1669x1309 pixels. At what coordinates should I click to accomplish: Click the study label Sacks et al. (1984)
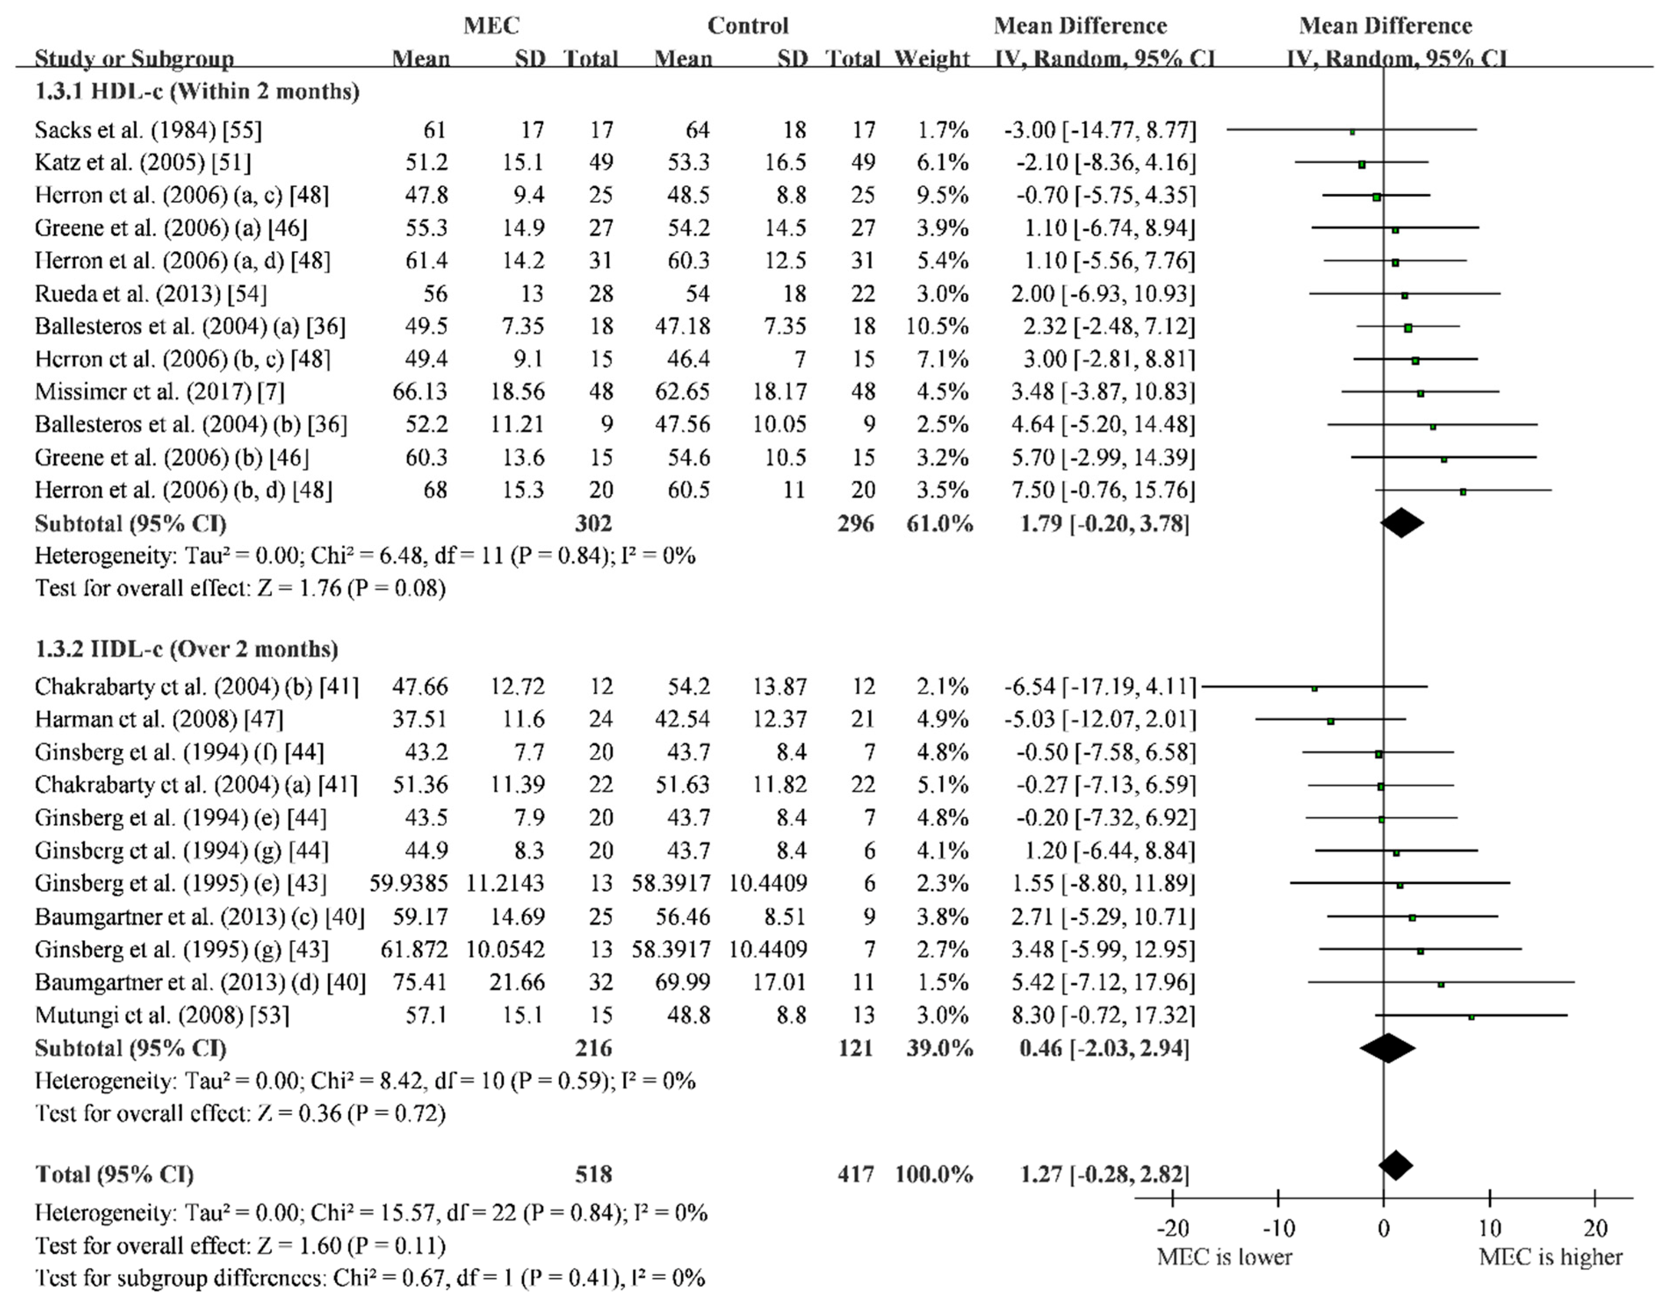point(148,130)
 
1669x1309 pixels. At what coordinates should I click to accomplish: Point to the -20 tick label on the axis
point(1172,1229)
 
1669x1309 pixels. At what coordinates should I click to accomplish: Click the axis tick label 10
point(1489,1229)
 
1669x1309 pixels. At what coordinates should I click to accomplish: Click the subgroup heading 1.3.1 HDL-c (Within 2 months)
point(197,92)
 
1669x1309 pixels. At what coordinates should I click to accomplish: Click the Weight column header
point(932,58)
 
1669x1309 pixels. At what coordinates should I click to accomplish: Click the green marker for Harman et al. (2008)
point(1330,721)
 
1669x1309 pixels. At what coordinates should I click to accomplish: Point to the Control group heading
point(747,26)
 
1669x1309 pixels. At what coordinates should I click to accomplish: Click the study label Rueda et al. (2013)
point(151,293)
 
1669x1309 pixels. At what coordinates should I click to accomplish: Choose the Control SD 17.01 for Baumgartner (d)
point(779,982)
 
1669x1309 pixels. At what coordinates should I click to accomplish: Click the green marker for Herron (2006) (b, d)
point(1463,491)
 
